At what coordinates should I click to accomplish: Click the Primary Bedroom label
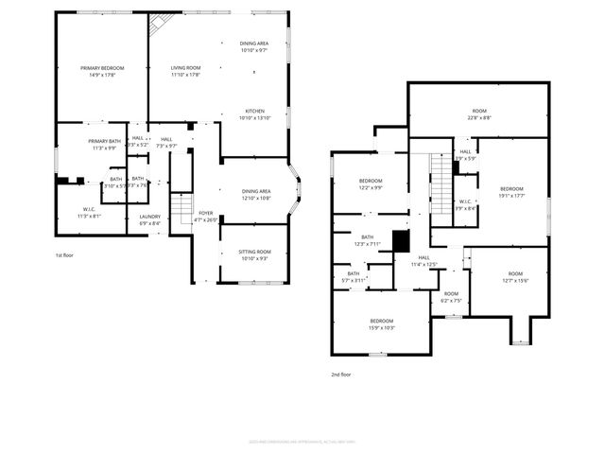click(x=101, y=71)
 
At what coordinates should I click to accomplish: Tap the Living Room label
click(x=185, y=71)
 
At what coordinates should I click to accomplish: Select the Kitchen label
click(x=254, y=114)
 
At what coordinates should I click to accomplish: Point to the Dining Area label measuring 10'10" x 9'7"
click(x=254, y=46)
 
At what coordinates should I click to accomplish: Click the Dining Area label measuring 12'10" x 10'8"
click(x=255, y=195)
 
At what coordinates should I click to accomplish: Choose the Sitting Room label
click(x=254, y=255)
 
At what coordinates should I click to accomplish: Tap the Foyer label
click(x=205, y=217)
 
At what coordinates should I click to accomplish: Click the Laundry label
click(x=150, y=220)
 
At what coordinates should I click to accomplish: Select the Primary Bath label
click(x=102, y=145)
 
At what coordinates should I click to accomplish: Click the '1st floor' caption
click(x=64, y=255)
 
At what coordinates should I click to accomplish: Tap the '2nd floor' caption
click(x=341, y=375)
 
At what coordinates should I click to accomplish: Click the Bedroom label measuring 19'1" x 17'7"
click(x=511, y=192)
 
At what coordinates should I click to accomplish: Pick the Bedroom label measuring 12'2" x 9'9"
click(x=370, y=184)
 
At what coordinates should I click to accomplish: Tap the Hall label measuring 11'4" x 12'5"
click(x=423, y=262)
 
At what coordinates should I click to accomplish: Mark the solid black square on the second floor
click(x=401, y=242)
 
